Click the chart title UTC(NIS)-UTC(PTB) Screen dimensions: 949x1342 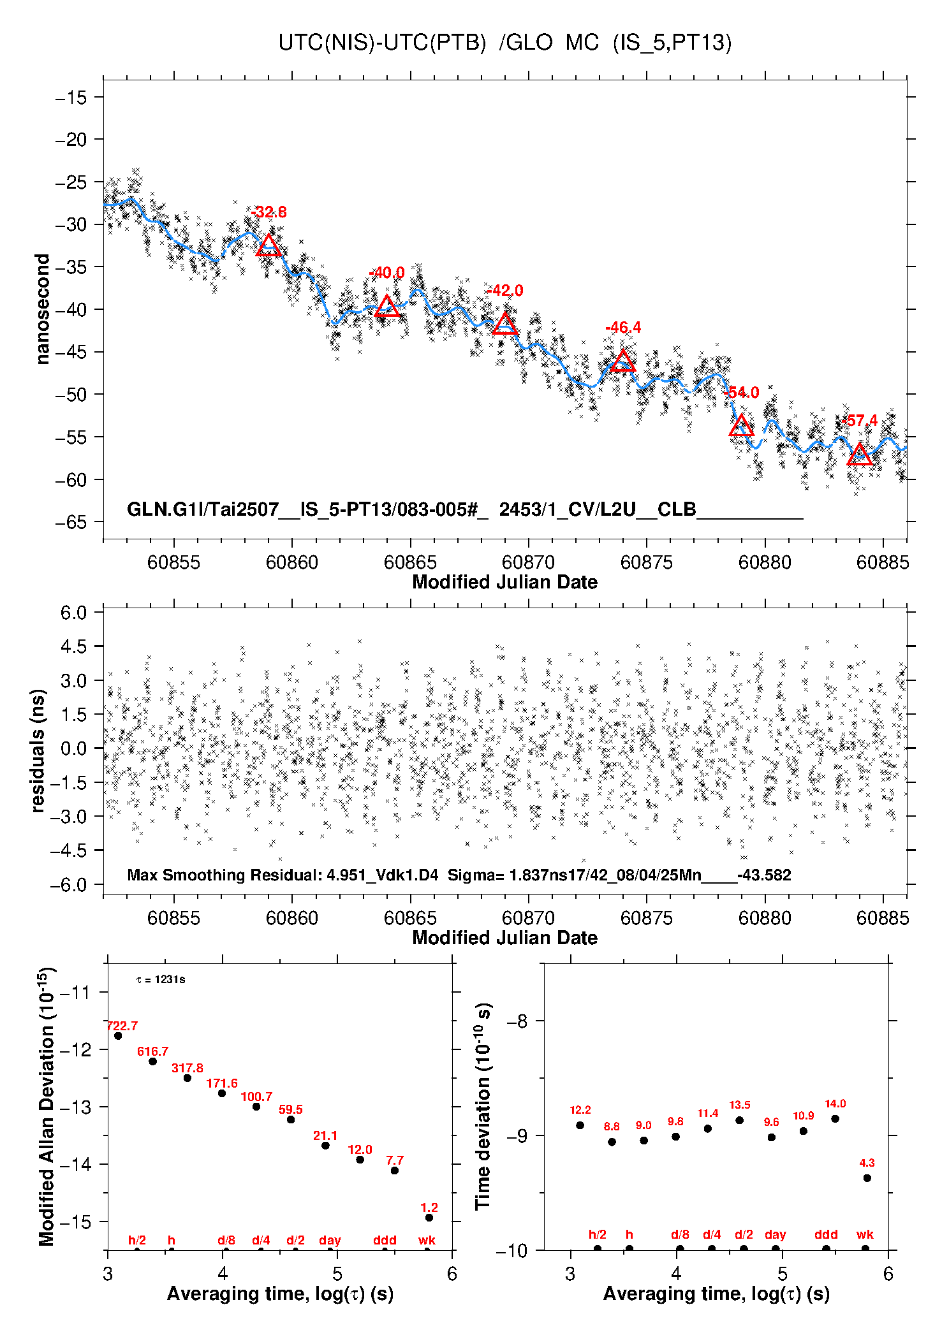(382, 43)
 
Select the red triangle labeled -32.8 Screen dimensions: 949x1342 (269, 245)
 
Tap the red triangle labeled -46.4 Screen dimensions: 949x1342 (623, 361)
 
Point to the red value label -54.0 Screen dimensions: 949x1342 (743, 393)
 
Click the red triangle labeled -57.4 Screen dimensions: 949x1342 (860, 454)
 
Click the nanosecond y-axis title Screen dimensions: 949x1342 (42, 309)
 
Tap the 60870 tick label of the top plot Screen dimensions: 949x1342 (528, 562)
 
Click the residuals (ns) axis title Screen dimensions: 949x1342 (38, 750)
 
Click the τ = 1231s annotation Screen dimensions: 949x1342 (161, 979)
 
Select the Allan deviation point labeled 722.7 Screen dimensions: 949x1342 (118, 1036)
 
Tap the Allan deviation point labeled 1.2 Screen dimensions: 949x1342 (429, 1218)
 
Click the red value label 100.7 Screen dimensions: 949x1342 (256, 1097)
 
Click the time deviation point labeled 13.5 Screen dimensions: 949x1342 (740, 1120)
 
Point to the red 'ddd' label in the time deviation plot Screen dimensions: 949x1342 (826, 1234)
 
